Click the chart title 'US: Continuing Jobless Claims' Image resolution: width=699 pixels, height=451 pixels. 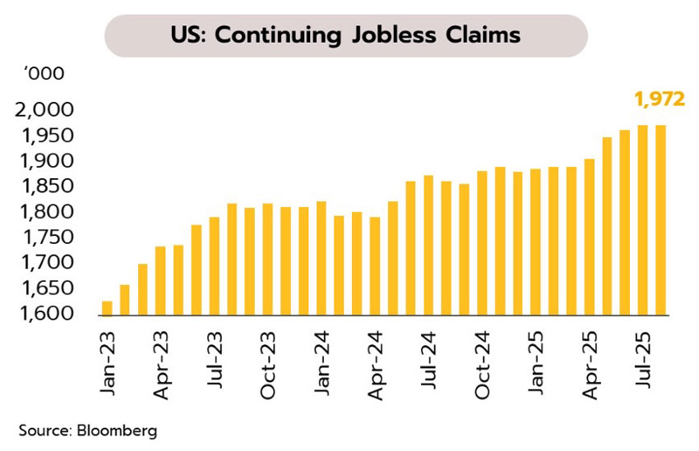(345, 35)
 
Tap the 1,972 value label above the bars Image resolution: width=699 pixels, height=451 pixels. (659, 99)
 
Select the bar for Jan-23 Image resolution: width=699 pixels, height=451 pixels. (107, 308)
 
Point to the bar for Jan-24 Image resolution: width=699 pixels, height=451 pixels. (321, 258)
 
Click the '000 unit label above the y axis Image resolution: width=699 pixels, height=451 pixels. (44, 73)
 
